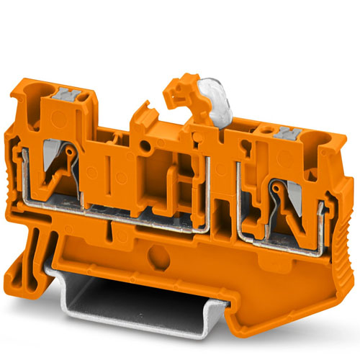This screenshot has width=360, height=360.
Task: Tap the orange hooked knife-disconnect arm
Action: pos(175,96)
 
